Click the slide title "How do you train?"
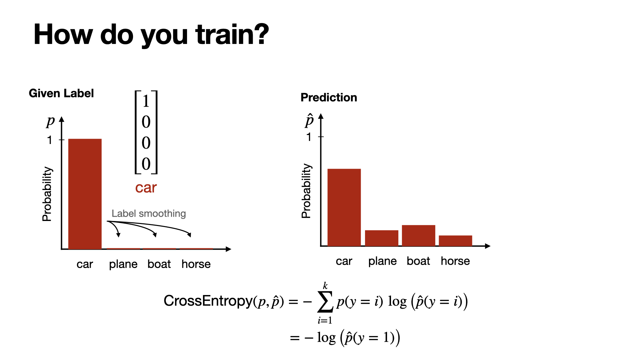[151, 35]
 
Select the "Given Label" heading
[61, 93]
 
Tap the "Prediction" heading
[329, 97]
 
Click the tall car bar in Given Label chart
[85, 194]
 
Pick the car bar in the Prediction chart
[344, 208]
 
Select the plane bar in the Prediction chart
[382, 238]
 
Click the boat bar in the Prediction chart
[419, 236]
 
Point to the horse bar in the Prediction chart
[455, 241]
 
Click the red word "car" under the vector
[146, 188]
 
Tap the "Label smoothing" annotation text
[149, 214]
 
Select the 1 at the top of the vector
[146, 101]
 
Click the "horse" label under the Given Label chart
[196, 264]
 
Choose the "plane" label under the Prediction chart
[382, 261]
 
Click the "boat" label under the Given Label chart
[159, 264]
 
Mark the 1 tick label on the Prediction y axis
[309, 137]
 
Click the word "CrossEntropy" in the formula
[208, 301]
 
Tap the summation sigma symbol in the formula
[325, 302]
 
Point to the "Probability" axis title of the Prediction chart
[306, 191]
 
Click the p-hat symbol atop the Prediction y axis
[309, 120]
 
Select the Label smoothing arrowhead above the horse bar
[189, 235]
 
